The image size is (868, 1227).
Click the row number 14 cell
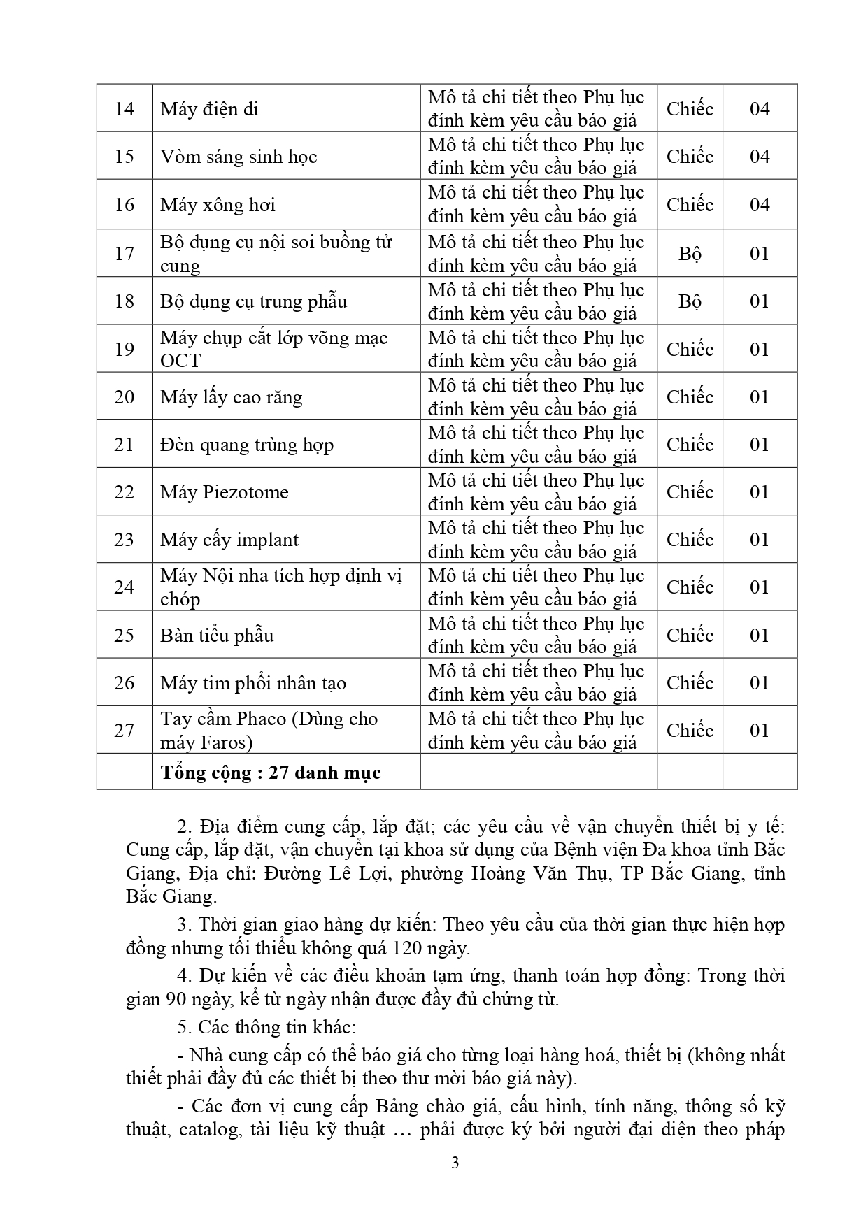pyautogui.click(x=124, y=109)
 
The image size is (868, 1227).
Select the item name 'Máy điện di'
pyautogui.click(x=209, y=109)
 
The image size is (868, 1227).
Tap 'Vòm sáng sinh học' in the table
pyautogui.click(x=239, y=157)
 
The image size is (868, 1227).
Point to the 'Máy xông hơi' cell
pyautogui.click(x=218, y=205)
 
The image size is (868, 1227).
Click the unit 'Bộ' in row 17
pyautogui.click(x=690, y=254)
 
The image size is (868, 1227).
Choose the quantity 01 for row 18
pyautogui.click(x=760, y=301)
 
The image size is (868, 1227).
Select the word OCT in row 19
pyautogui.click(x=180, y=361)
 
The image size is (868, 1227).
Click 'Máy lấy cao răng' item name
pyautogui.click(x=232, y=397)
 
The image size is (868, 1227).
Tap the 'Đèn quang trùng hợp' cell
pyautogui.click(x=247, y=445)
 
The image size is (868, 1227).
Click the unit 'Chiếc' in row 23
pyautogui.click(x=690, y=540)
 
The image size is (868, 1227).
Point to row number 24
pyautogui.click(x=124, y=587)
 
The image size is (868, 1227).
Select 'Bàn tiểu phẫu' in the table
pyautogui.click(x=217, y=636)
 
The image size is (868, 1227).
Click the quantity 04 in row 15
pyautogui.click(x=760, y=157)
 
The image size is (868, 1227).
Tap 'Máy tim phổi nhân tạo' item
pyautogui.click(x=253, y=683)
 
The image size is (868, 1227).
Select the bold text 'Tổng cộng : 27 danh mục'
pyautogui.click(x=271, y=773)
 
